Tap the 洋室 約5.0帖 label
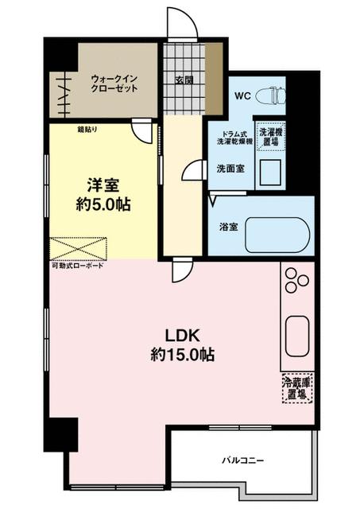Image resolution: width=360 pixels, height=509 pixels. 103,194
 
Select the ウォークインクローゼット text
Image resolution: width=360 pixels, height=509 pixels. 115,83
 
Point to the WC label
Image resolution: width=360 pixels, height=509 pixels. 242,97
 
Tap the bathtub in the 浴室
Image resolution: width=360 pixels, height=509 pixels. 277,235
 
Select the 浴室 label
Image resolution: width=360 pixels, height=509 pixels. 229,227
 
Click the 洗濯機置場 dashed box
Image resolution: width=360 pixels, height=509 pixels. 269,136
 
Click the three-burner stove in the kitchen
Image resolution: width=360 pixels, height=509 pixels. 297,280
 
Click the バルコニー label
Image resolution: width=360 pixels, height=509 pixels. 242,460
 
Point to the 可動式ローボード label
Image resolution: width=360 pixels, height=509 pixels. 77,266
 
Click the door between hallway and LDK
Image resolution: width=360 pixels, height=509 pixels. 181,272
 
